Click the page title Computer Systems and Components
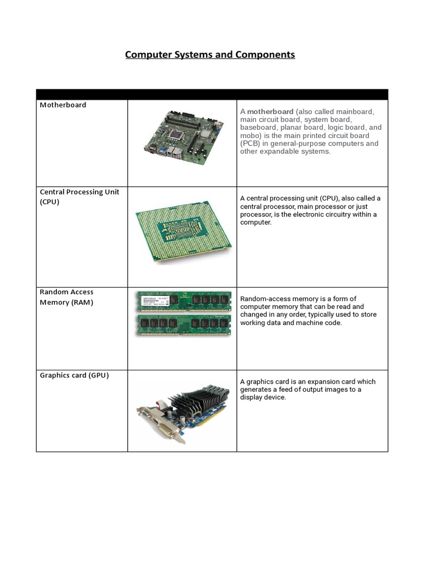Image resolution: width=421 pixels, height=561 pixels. coord(210,55)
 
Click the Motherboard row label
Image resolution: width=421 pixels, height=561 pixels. coord(63,105)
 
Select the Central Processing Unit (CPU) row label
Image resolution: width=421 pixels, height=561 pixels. coord(79,197)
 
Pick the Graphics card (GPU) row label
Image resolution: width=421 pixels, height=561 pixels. coord(75,375)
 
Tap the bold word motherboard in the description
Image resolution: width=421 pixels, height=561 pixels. coord(270,112)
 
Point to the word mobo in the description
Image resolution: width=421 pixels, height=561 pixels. coord(249,135)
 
